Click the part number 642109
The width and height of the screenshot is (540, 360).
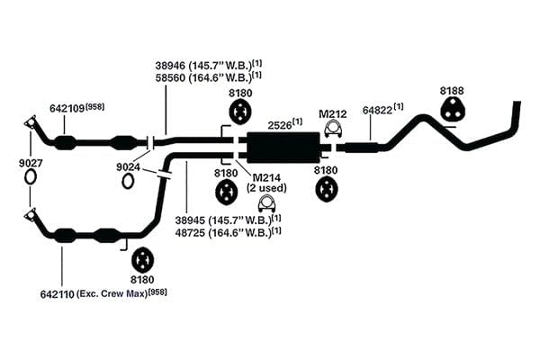click(x=67, y=109)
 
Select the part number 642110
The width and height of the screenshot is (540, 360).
click(x=58, y=294)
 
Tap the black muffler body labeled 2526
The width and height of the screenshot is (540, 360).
click(x=283, y=148)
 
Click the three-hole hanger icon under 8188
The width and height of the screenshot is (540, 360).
click(x=452, y=109)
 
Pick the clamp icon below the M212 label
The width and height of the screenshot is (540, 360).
click(x=333, y=130)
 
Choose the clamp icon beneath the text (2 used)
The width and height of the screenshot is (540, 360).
click(x=267, y=204)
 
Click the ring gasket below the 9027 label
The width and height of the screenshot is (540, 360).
click(x=31, y=177)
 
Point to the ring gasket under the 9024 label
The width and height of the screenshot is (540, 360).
click(x=128, y=181)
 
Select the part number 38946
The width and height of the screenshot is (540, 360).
click(x=170, y=66)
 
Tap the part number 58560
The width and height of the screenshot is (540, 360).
click(x=170, y=78)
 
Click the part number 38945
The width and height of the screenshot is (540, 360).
click(x=190, y=220)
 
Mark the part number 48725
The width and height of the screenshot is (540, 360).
click(x=190, y=233)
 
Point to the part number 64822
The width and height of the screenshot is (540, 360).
click(x=377, y=111)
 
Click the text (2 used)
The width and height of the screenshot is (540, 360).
click(x=266, y=188)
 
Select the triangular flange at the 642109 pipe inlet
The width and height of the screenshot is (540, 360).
click(x=31, y=122)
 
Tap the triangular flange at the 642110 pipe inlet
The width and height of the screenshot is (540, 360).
click(x=31, y=215)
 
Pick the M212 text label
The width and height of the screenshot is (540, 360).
click(x=333, y=114)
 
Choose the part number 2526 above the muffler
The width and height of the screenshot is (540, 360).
click(x=280, y=125)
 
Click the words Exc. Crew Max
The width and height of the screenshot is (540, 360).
click(x=112, y=294)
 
